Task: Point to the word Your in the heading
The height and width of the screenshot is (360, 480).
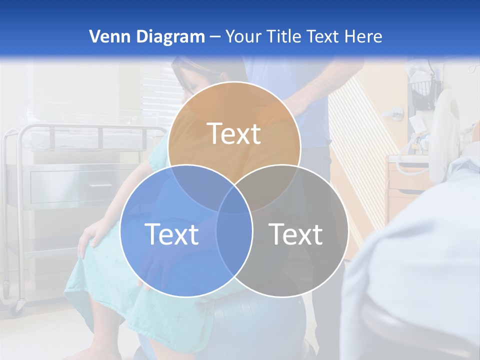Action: click(x=242, y=36)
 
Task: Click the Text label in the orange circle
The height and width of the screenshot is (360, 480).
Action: click(x=234, y=133)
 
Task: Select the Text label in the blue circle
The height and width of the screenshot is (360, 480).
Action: click(x=171, y=233)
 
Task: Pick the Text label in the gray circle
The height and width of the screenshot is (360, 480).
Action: click(x=296, y=233)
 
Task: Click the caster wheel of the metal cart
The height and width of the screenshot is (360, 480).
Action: click(x=20, y=303)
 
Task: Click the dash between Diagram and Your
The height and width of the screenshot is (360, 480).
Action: click(x=215, y=36)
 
